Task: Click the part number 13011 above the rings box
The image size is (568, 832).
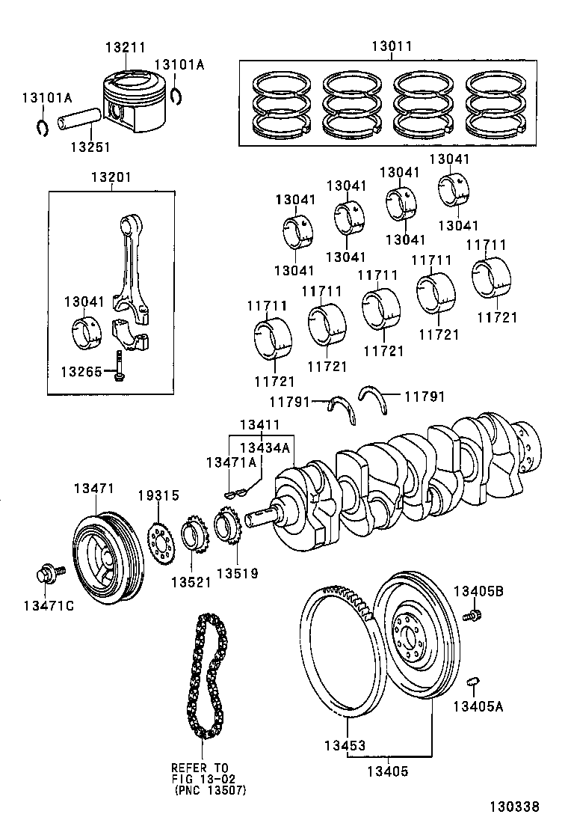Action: tap(391, 46)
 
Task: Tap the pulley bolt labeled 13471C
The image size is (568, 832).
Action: tap(45, 577)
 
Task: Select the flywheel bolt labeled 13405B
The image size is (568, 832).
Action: tap(472, 616)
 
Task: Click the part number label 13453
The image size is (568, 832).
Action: tap(345, 746)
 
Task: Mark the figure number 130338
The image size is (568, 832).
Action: tap(514, 807)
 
